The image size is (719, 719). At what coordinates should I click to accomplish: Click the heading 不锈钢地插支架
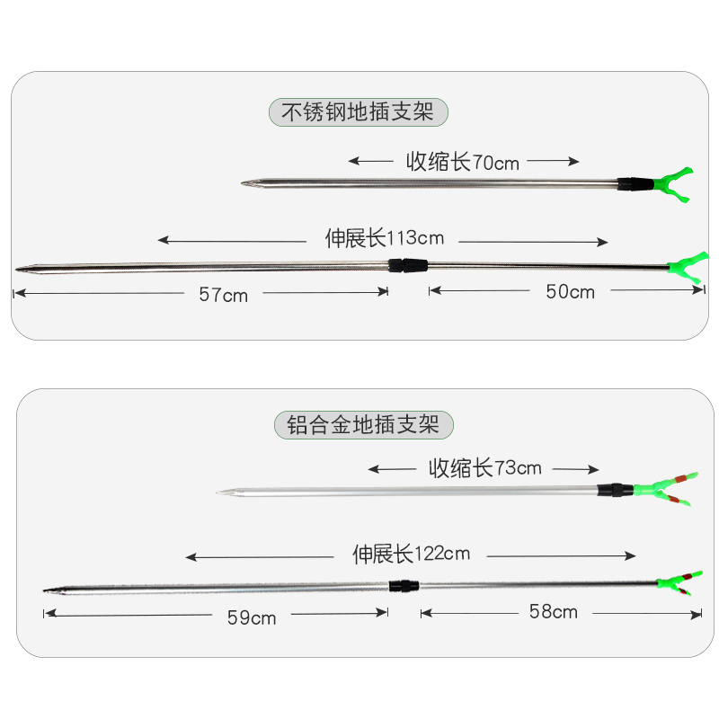tap(358, 112)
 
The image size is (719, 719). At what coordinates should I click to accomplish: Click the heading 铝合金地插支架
tap(363, 424)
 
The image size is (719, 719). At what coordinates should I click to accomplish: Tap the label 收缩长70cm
tap(463, 162)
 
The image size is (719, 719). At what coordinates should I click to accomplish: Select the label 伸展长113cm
tap(384, 238)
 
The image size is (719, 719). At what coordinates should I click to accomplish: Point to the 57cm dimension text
tap(224, 295)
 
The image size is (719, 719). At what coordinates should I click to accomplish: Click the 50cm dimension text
tap(571, 292)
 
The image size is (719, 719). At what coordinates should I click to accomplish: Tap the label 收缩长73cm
tap(485, 468)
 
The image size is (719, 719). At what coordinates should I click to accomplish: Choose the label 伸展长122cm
tap(411, 554)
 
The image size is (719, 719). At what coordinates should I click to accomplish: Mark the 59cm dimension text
tap(252, 617)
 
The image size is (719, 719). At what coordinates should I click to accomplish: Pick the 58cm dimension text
tap(553, 613)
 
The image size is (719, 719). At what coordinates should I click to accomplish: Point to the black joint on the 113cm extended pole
tap(408, 266)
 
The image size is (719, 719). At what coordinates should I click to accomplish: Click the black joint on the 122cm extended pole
tap(404, 586)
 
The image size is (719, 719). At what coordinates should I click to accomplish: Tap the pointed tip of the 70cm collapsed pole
tap(245, 183)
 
